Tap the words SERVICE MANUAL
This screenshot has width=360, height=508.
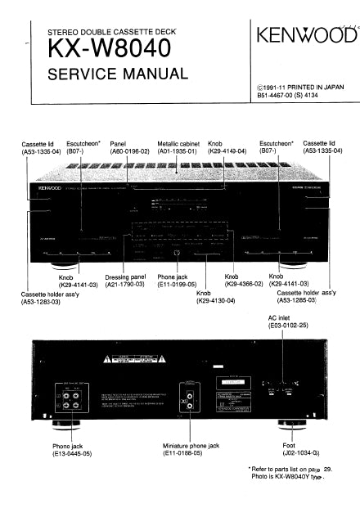point(118,75)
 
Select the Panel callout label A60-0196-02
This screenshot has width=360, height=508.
point(129,151)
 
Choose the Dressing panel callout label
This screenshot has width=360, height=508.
point(124,282)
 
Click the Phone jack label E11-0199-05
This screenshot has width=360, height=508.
point(176,282)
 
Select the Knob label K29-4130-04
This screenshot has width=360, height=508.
point(216,297)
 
